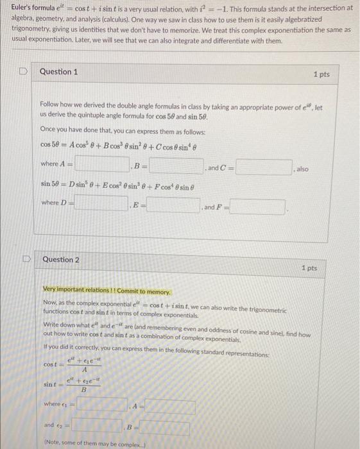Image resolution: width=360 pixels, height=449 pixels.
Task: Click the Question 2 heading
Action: click(x=61, y=260)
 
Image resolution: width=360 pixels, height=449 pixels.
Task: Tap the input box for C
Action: click(x=264, y=168)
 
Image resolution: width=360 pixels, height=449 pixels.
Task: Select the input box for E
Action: click(x=173, y=206)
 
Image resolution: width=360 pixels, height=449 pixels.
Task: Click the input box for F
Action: click(x=258, y=207)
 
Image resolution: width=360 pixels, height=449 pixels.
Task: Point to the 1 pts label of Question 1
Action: click(x=321, y=74)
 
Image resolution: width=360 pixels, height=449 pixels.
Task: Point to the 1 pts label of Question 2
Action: click(x=309, y=267)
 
